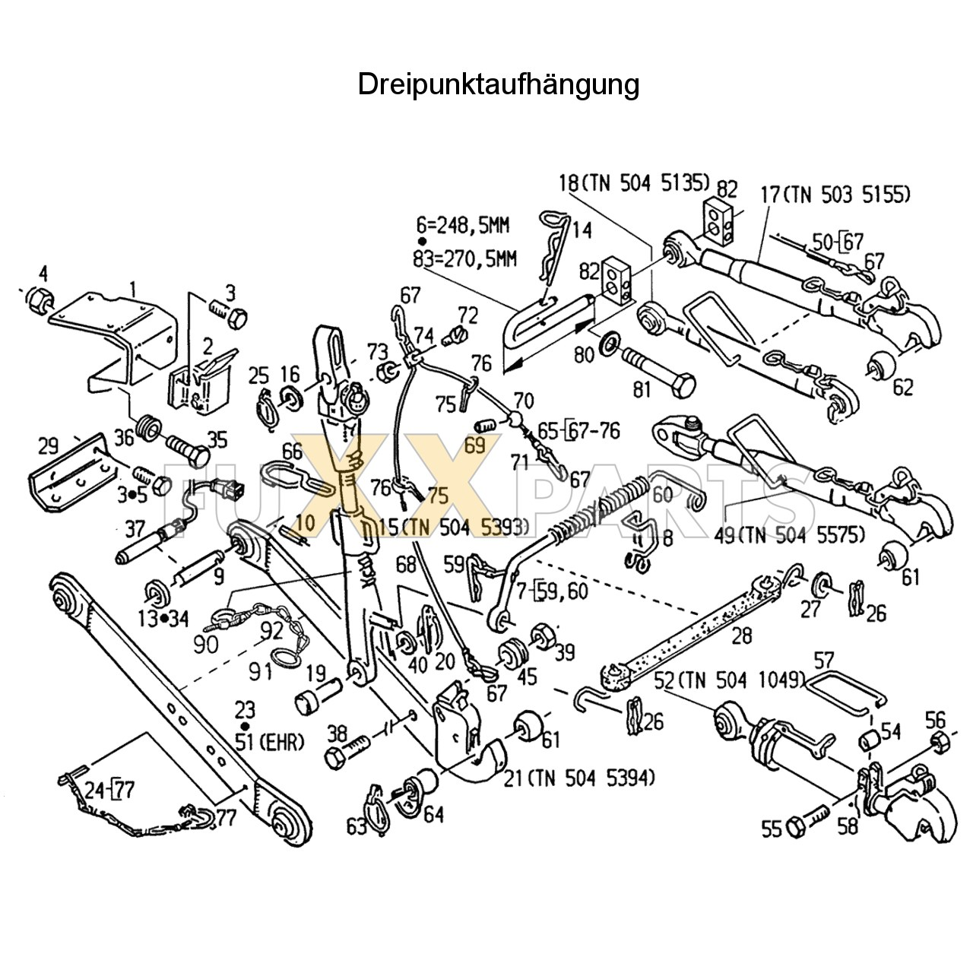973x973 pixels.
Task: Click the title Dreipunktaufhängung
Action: click(498, 84)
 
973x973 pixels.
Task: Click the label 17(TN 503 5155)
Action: click(835, 195)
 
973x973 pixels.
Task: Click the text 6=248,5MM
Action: click(462, 226)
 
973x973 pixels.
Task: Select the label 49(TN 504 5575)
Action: click(789, 536)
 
